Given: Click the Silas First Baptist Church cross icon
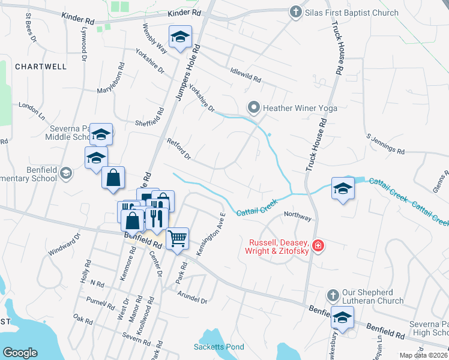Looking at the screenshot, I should tap(295, 12).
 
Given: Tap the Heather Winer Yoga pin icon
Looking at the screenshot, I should tap(254, 108).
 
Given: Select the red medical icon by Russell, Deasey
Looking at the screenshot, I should tap(318, 245).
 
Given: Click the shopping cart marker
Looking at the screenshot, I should tap(177, 239).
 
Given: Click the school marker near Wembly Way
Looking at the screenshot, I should tap(180, 37).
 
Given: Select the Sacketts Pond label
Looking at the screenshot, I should tap(219, 347).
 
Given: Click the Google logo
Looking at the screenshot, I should tap(20, 352).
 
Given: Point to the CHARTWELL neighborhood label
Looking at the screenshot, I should tap(41, 67).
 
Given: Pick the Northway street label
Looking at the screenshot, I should tap(298, 215).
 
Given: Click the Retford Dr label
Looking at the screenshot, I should tap(178, 149).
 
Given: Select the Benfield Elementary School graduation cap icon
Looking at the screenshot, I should tap(66, 174).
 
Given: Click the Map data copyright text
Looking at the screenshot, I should tap(423, 355).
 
